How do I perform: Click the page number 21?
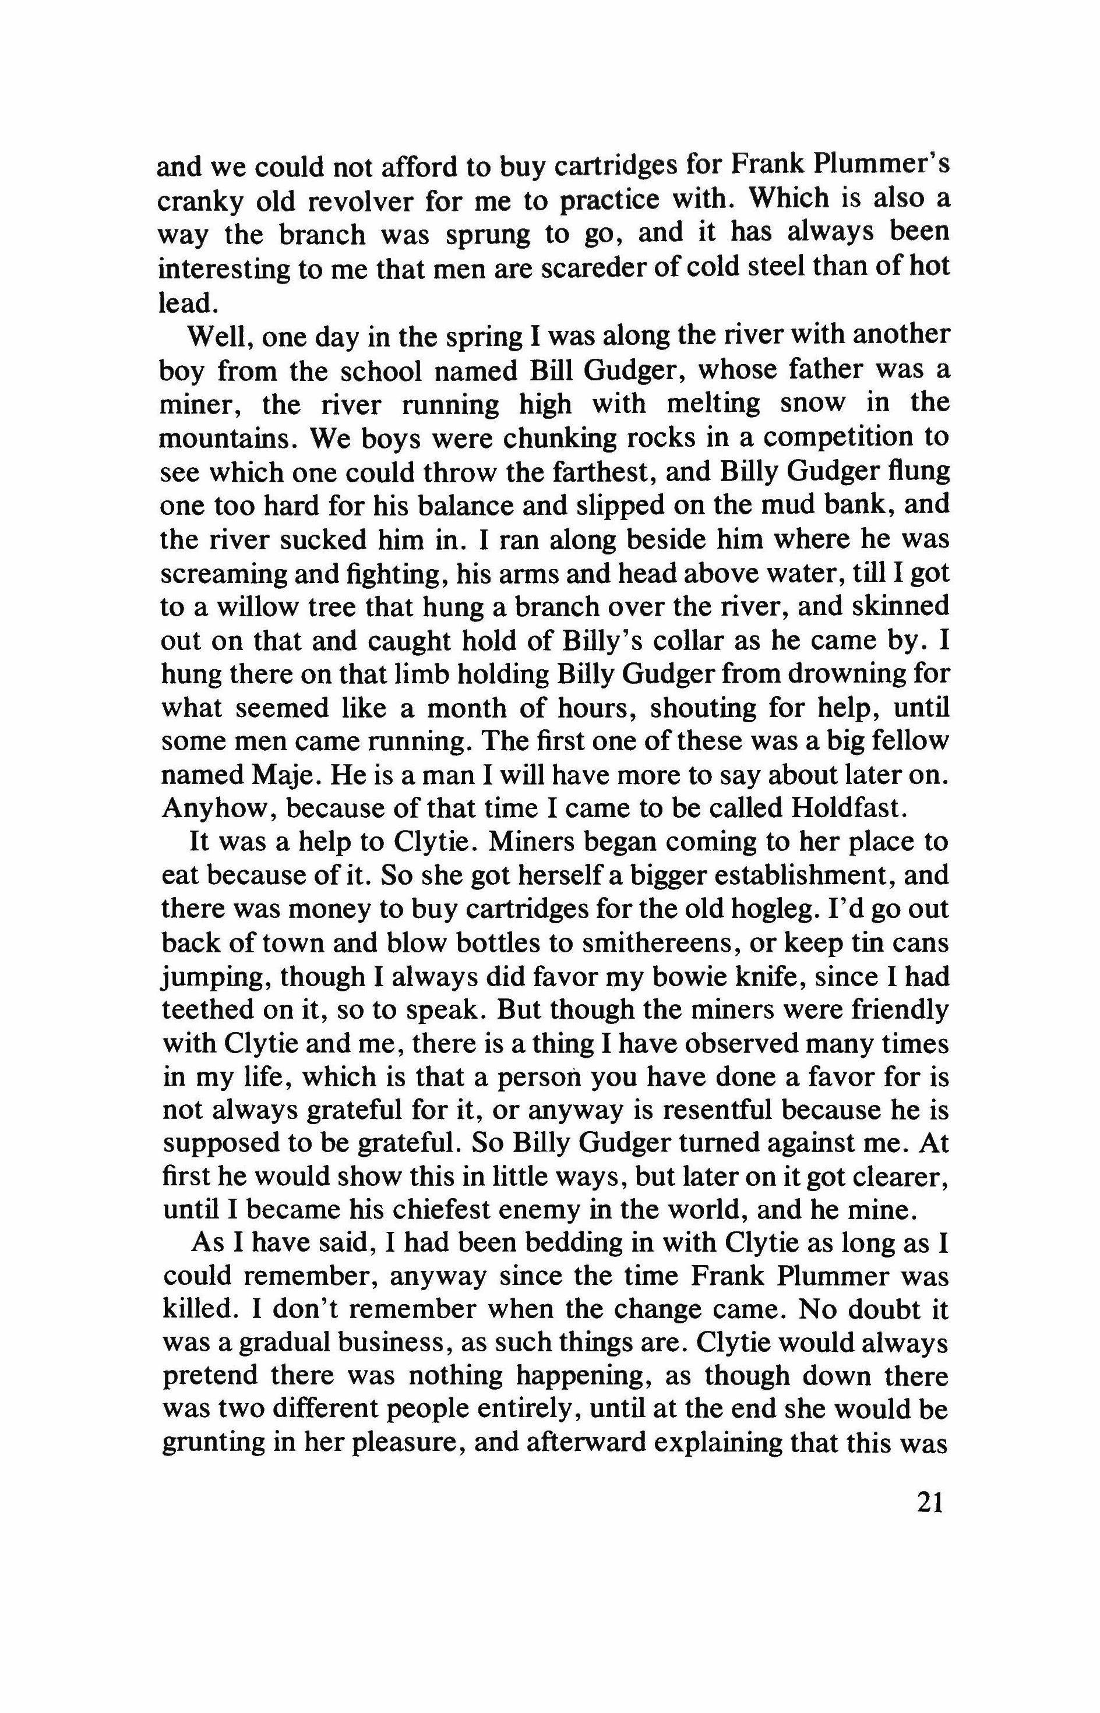pos(929,1504)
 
